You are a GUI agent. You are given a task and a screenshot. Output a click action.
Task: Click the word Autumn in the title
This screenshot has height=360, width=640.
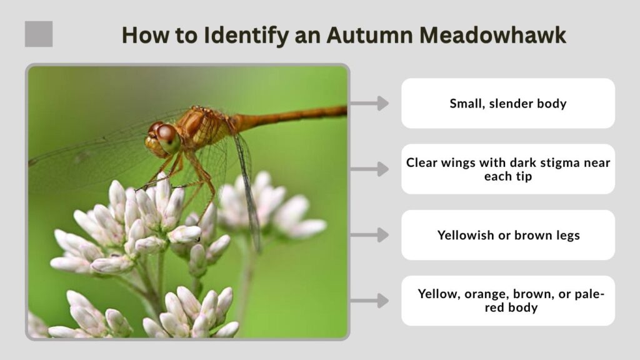[x=369, y=35]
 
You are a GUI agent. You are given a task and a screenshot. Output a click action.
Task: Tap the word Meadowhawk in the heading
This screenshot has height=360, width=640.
[x=492, y=35]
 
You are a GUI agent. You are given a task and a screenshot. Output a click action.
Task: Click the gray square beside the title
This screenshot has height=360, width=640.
[x=39, y=34]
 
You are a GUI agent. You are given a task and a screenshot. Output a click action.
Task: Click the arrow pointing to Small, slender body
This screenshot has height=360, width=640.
[x=369, y=103]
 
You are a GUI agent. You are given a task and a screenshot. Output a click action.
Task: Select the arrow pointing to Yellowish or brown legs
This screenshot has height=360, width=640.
[x=369, y=235]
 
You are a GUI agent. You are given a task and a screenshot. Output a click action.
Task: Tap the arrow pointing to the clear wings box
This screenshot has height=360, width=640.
[x=369, y=169]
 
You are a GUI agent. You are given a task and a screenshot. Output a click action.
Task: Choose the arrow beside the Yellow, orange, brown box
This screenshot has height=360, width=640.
[x=369, y=301]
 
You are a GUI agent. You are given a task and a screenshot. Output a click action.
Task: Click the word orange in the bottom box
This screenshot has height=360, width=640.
[x=486, y=295]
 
